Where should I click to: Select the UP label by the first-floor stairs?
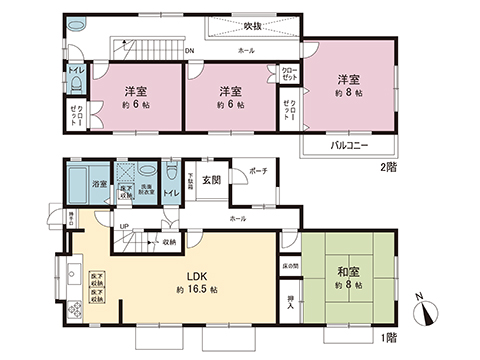click(x=123, y=227)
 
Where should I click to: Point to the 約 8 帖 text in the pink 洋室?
click(x=348, y=92)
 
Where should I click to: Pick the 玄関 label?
click(x=212, y=180)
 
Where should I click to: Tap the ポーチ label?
click(x=258, y=171)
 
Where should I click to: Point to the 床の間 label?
click(x=289, y=266)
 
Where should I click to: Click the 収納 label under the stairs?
click(x=169, y=241)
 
